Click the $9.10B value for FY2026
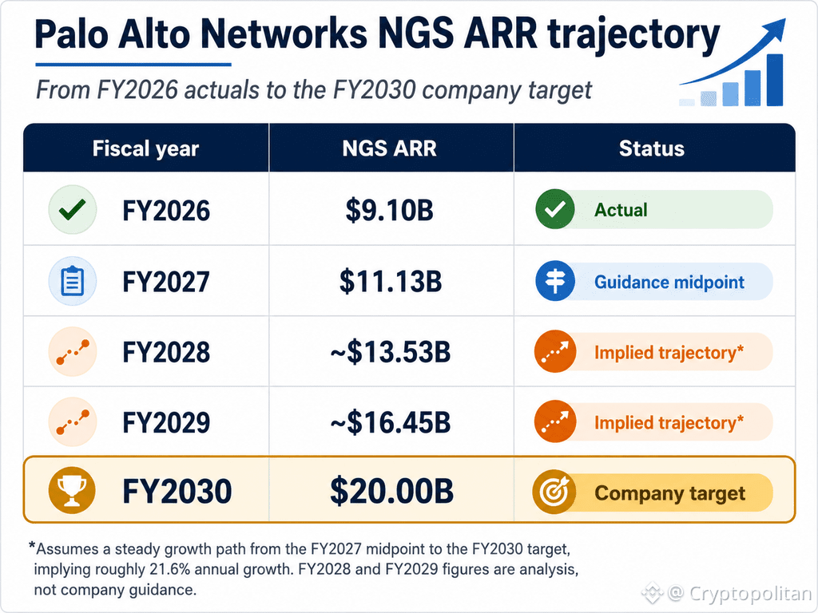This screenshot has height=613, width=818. click(389, 210)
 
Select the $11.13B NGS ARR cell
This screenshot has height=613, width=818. click(390, 282)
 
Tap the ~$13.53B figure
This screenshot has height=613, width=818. click(390, 352)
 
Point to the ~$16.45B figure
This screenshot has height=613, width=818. click(390, 422)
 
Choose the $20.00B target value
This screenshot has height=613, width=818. click(391, 491)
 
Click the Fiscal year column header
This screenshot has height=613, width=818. click(145, 148)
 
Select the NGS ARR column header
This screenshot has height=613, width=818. click(389, 148)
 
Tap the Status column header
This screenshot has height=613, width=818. click(652, 148)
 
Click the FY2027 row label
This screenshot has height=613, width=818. click(166, 282)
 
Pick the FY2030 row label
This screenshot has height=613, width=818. click(177, 491)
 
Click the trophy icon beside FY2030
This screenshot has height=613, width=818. click(72, 491)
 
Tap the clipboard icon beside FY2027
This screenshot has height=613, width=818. click(73, 282)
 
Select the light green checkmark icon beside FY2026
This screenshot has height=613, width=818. click(73, 210)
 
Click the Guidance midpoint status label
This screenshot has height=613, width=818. click(669, 282)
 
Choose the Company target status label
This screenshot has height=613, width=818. click(670, 493)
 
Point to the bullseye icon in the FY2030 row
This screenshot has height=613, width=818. click(554, 491)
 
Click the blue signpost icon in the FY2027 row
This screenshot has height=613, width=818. click(555, 281)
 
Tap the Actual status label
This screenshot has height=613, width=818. click(621, 210)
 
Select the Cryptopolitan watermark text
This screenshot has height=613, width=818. click(751, 593)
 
